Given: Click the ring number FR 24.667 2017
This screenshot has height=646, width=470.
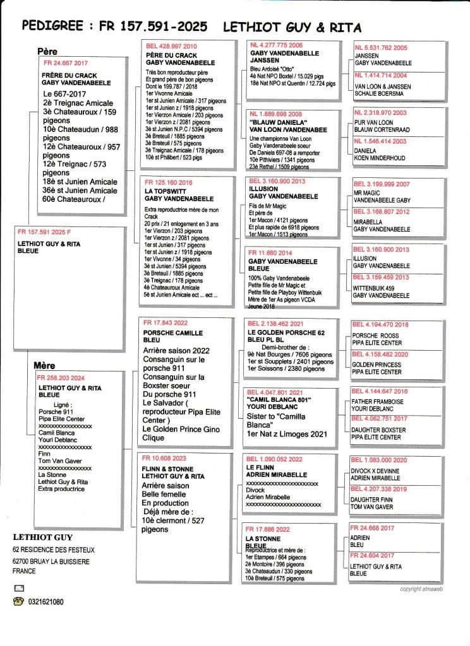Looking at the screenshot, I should tap(66, 64).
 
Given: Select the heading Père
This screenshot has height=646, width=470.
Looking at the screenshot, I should tap(47, 51).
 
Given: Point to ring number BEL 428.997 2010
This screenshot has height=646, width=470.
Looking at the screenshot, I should tap(171, 46).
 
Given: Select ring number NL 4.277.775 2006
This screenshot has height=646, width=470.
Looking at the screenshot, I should tap(277, 45).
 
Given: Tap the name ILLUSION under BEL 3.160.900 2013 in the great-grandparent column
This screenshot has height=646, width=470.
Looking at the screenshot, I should tap(263, 188).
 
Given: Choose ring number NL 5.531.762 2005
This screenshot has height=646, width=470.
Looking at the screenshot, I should tap(382, 47).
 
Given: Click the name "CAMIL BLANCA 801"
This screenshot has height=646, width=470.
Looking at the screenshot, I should tap(280, 399).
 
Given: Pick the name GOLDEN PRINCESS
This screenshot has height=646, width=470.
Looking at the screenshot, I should tap(377, 365).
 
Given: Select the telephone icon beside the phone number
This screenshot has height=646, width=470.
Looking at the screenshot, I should tap(18, 602).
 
